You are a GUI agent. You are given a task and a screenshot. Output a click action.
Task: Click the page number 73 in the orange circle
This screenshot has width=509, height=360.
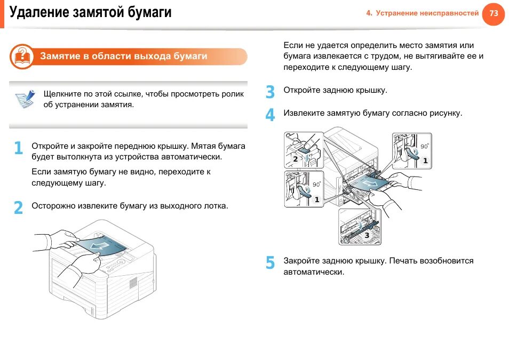coord(494,13)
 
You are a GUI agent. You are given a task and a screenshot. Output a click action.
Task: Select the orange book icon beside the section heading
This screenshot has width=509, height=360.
coord(21,57)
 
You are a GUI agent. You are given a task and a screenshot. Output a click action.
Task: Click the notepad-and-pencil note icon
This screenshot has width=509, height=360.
coord(26,99)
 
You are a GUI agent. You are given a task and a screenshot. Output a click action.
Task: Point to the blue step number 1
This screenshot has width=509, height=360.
coord(19,148)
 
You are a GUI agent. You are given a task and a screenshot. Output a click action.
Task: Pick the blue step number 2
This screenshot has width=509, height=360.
coord(19,207)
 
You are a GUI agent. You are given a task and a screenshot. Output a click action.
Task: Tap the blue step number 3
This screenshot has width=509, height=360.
coord(271,92)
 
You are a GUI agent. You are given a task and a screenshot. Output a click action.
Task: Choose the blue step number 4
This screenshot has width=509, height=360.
coord(271,115)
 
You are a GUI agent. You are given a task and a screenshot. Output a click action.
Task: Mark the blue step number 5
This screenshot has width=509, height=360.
coord(271,263)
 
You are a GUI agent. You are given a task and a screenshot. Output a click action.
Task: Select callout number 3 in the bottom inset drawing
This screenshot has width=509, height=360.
coord(367,235)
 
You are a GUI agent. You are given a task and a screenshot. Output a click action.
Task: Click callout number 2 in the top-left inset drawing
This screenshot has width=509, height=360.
coord(296,159)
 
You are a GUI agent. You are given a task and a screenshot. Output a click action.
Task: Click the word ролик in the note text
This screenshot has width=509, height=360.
coord(233,94)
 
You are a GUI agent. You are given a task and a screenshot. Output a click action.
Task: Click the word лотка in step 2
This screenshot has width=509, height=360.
coord(216,205)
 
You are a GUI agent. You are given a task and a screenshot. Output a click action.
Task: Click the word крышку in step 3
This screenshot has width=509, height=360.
coord(369,90)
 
